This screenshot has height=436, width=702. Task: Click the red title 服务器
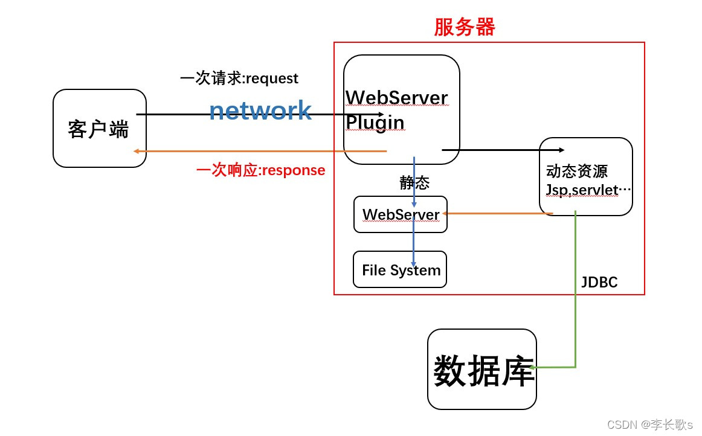[464, 27]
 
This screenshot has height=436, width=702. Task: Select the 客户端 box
[99, 129]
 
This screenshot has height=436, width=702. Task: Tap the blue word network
[260, 111]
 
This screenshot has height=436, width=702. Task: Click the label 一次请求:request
[239, 79]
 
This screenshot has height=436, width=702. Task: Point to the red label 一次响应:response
[261, 170]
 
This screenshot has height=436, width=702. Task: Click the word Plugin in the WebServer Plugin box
[375, 123]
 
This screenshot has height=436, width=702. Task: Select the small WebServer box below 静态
[401, 214]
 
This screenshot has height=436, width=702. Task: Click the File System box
[401, 270]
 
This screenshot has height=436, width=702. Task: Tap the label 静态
[414, 183]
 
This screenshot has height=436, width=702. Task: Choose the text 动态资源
[576, 171]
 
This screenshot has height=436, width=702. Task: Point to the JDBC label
[599, 282]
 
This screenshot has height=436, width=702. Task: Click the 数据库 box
[482, 370]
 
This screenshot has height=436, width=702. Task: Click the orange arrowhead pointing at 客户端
[137, 151]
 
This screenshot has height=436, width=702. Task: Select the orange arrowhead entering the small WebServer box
[445, 213]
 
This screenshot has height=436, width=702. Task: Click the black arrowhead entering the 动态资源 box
[562, 150]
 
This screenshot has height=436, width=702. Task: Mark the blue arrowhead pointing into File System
[414, 264]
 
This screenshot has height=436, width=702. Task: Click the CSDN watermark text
[649, 425]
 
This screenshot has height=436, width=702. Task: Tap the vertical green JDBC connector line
[575, 290]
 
